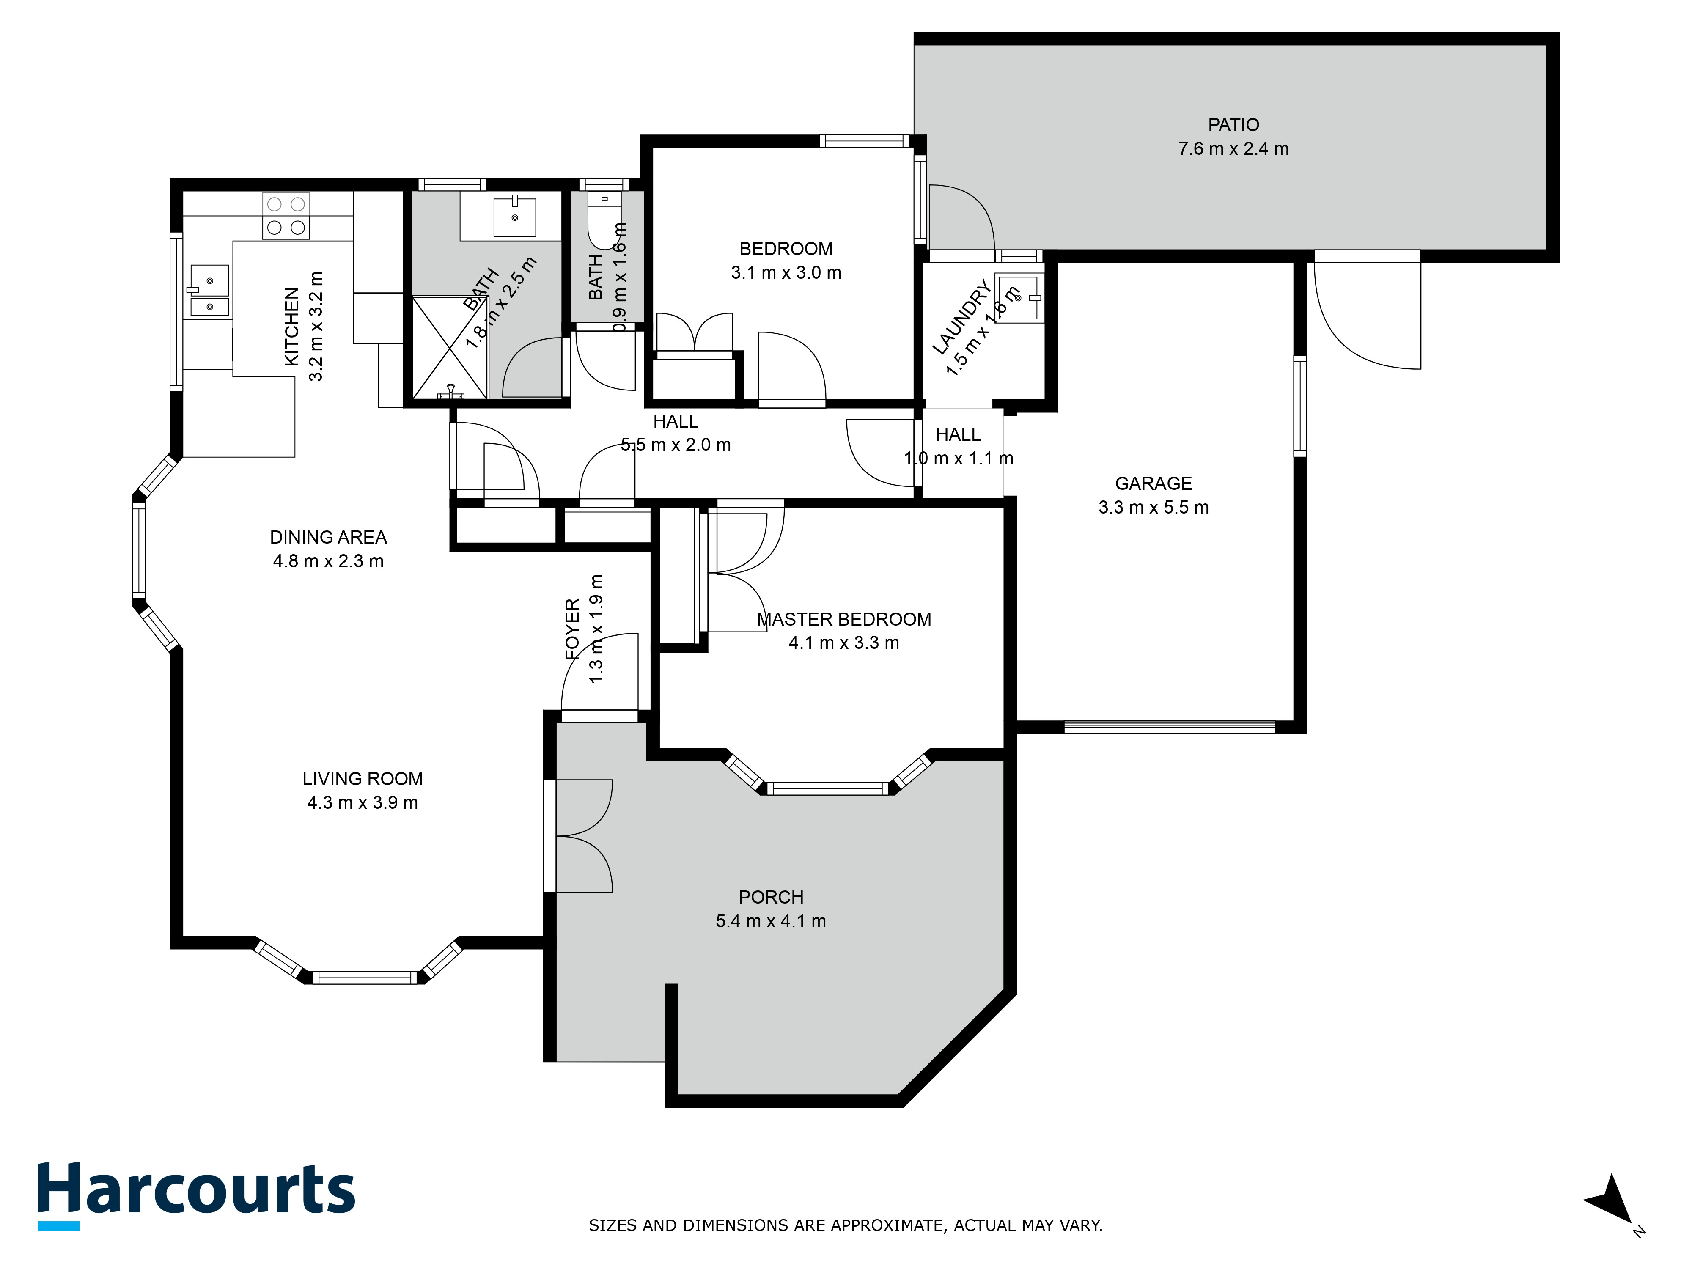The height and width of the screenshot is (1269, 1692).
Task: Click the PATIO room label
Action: [x=1233, y=125]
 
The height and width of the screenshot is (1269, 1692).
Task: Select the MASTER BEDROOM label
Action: [x=844, y=620]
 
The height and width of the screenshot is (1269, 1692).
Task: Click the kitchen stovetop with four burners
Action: [x=286, y=216]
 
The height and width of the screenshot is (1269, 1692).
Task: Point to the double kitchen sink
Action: [x=209, y=291]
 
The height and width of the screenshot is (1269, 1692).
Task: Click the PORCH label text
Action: [x=770, y=897]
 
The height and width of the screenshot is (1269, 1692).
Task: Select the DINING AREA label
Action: [x=328, y=538]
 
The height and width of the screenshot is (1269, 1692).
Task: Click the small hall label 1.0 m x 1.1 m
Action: [x=959, y=458]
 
